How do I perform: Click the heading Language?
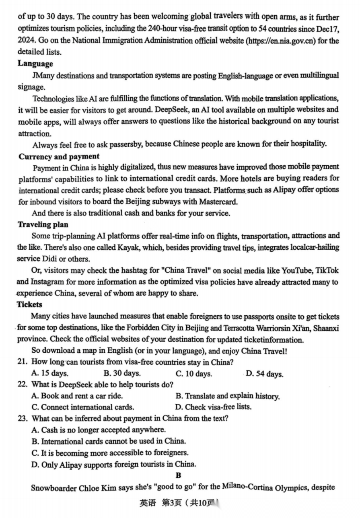pyautogui.click(x=35, y=64)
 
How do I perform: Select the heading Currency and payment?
pyautogui.click(x=59, y=156)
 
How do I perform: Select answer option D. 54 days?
pyautogui.click(x=264, y=374)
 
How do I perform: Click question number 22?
pyautogui.click(x=22, y=384)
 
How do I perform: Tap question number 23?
pyautogui.click(x=22, y=418)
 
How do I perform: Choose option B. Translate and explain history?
pyautogui.click(x=228, y=396)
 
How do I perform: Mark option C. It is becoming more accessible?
pyautogui.click(x=109, y=453)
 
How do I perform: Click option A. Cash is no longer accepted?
pyautogui.click(x=98, y=430)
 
